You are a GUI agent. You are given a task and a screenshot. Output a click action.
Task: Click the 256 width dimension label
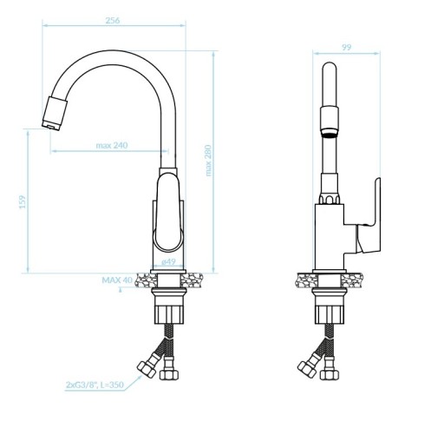click(x=113, y=21)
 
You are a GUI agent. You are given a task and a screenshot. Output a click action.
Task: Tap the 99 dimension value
click(x=347, y=47)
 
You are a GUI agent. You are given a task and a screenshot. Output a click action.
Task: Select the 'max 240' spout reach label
click(x=112, y=145)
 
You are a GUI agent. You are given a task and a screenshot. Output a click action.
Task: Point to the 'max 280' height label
click(x=208, y=161)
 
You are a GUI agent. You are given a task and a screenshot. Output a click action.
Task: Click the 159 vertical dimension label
click(x=23, y=202)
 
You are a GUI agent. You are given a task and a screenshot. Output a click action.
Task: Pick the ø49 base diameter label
click(x=168, y=261)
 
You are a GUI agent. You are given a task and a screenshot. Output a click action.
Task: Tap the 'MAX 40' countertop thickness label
click(x=117, y=280)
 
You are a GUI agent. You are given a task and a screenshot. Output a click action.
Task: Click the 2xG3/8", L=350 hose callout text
click(x=95, y=385)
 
